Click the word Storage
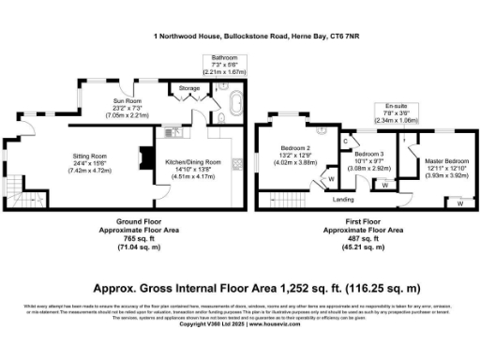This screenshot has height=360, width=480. [189, 89]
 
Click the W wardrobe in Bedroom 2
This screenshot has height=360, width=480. [331, 178]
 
